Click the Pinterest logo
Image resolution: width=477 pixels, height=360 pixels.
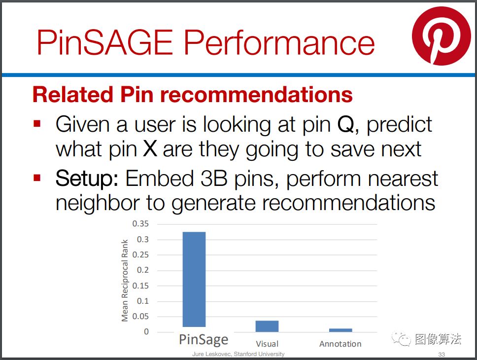[442, 36]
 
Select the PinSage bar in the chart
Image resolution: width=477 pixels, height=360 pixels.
[194, 279]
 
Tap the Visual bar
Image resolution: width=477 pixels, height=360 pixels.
[267, 326]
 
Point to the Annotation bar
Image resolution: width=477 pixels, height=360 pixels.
[341, 330]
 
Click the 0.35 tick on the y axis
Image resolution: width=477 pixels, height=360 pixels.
[140, 224]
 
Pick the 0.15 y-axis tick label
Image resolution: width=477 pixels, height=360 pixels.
[140, 286]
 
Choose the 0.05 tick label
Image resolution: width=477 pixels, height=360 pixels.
[140, 317]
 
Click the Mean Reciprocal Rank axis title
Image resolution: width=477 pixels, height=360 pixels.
[125, 280]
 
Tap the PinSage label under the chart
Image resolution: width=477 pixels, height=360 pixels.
[204, 340]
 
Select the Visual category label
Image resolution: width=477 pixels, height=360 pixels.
[267, 344]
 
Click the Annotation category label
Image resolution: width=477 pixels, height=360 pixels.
[341, 344]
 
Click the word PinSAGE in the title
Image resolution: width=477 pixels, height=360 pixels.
[105, 42]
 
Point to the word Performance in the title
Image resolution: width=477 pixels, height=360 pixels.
[279, 42]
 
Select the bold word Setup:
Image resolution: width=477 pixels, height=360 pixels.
[87, 179]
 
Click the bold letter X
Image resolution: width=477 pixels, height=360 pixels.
[150, 149]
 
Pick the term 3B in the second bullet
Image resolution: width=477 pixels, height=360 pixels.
[214, 178]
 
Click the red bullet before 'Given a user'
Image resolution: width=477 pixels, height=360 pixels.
[37, 123]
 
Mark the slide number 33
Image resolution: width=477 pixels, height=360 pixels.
[442, 355]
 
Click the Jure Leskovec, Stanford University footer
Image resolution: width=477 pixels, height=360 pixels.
[238, 354]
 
